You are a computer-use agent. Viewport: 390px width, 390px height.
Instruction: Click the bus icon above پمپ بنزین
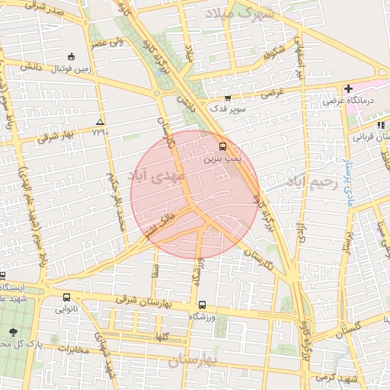pos(222,145)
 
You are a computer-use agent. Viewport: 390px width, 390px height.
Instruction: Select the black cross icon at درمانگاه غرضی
pos(348,89)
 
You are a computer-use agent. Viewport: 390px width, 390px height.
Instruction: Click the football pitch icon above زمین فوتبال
pos(72,56)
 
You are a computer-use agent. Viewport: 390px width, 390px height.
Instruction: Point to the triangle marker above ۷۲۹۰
pos(100,122)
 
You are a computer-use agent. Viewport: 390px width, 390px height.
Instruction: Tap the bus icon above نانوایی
pos(66,298)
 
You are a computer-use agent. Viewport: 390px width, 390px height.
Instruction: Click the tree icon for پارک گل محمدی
pos(13,332)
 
